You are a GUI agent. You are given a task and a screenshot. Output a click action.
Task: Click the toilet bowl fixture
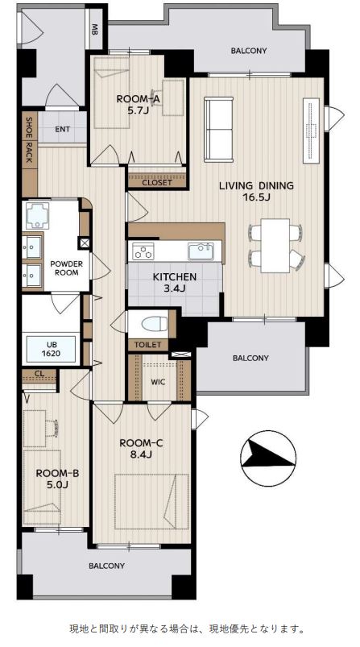pos(153,324)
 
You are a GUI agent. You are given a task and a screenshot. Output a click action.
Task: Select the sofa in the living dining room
pos(218,129)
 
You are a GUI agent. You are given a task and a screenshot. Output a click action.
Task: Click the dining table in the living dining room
pos(275,246)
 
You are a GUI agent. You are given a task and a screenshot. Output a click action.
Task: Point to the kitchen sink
pos(201,251)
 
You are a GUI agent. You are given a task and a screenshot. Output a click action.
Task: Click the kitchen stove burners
pos(143,251)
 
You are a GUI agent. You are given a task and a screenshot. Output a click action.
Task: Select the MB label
pos(95,31)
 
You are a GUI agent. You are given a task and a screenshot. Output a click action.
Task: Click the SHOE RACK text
pos(29,140)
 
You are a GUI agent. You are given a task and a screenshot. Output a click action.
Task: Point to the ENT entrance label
pos(63,129)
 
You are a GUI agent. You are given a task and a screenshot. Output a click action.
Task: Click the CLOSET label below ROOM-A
pos(157,182)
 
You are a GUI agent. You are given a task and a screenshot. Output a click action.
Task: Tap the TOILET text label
pos(148,345)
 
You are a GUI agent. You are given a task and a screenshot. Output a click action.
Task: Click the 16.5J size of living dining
pos(256,197)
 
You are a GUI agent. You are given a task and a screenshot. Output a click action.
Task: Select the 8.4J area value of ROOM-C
pos(142,454)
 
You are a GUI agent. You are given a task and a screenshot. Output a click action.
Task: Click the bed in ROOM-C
pos(151,501)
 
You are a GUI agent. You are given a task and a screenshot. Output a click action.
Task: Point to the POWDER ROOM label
pos(66,268)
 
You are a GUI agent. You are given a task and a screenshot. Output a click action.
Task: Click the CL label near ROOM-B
pos(39,373)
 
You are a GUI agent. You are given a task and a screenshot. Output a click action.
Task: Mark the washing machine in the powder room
pos(38,215)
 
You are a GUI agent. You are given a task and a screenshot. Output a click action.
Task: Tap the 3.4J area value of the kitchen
pos(175,288)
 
